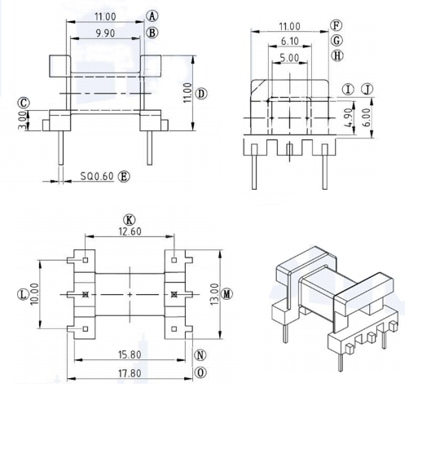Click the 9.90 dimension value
[x=104, y=33]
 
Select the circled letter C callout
[x=24, y=103]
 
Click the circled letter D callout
[x=201, y=94]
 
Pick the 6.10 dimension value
[x=288, y=41]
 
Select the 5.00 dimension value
[x=288, y=58]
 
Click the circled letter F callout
[x=336, y=25]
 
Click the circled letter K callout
[x=129, y=219]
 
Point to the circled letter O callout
[x=200, y=372]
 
